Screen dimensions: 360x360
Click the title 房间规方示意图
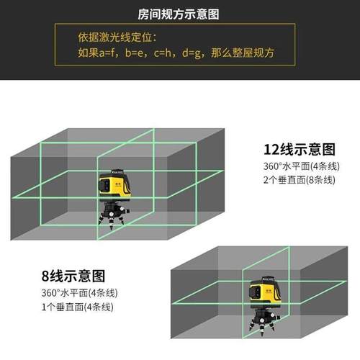click(179, 14)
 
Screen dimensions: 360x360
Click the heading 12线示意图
click(300, 150)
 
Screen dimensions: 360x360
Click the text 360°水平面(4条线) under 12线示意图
click(299, 166)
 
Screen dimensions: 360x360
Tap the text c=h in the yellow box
click(167, 53)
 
